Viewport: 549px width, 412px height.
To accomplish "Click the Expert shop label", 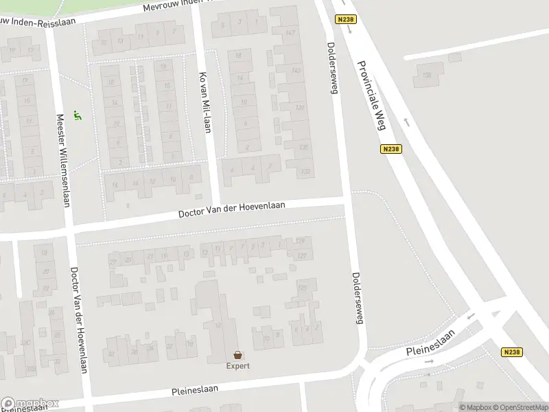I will coord(238,365).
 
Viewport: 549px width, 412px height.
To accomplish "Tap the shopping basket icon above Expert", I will coord(238,355).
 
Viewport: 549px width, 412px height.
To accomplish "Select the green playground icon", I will coord(78,117).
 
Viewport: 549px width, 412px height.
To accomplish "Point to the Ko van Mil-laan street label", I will coord(204,102).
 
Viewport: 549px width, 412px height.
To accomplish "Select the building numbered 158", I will coord(427,74).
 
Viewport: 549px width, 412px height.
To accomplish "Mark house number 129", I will coord(300,240).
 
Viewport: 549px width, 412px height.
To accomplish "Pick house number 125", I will coord(302,288).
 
